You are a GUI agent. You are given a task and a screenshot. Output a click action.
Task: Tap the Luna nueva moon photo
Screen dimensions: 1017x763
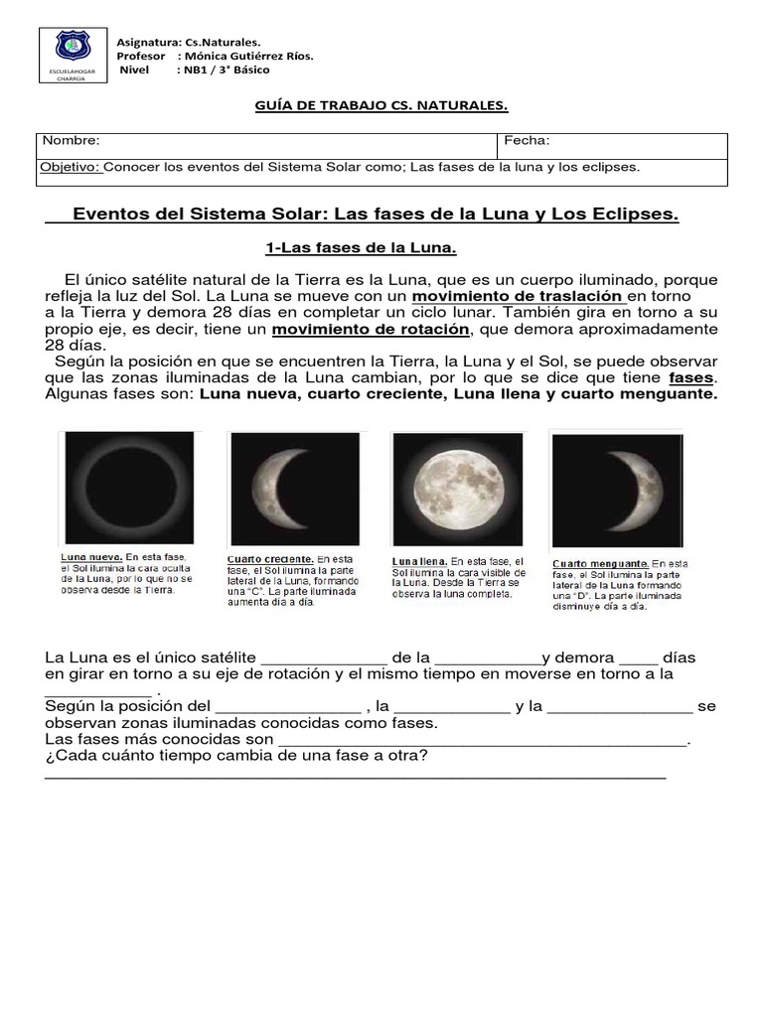point(125,487)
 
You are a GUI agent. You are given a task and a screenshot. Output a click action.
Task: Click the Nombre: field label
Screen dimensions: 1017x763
point(71,142)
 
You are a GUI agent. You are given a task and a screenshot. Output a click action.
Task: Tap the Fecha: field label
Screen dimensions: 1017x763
point(528,142)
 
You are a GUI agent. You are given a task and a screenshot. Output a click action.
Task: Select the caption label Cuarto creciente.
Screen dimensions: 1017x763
point(270,559)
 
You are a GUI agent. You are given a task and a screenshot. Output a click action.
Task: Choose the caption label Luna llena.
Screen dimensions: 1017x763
point(420,562)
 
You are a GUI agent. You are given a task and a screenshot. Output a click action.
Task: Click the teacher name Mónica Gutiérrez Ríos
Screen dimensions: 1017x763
point(250,57)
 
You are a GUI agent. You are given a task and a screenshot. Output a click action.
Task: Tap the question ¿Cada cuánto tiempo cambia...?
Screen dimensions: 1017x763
point(237,758)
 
